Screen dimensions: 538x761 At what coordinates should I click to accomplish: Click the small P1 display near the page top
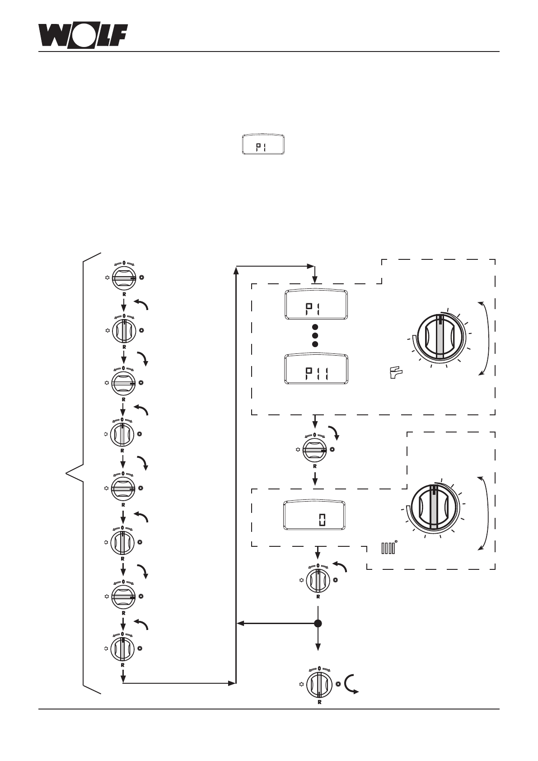[263, 145]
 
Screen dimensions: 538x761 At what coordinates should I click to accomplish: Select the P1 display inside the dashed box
[316, 305]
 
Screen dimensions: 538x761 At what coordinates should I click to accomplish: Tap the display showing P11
[316, 369]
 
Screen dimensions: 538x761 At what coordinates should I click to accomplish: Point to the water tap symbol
[396, 372]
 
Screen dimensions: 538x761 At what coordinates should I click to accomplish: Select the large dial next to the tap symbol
[440, 336]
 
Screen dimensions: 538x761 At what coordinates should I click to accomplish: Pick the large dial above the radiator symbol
[433, 508]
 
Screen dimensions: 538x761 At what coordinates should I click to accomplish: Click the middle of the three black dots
[315, 336]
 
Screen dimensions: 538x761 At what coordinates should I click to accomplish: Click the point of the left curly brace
[66, 473]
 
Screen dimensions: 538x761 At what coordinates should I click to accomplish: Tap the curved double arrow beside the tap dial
[484, 338]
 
